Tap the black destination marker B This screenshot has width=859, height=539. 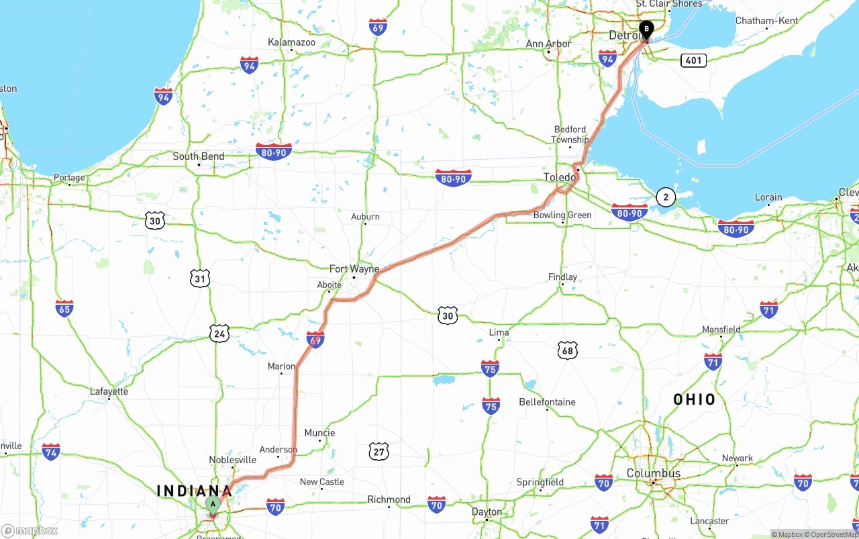646,30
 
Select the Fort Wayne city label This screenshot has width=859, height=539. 354,268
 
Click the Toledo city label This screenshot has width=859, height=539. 559,177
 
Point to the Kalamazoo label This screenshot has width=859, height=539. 291,42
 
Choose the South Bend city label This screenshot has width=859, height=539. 198,156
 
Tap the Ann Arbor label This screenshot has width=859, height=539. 548,44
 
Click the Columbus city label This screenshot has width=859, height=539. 653,473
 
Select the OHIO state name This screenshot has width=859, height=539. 695,399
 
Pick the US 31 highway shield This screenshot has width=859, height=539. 200,279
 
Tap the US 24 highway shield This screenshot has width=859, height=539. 219,333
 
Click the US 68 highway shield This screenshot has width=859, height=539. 567,350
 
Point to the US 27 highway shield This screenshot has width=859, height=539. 378,451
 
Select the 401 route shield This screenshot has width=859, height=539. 693,60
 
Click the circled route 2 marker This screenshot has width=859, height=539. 665,197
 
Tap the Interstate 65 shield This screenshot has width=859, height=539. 64,309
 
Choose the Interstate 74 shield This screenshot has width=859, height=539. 51,451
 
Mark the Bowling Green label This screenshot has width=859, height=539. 562,215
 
